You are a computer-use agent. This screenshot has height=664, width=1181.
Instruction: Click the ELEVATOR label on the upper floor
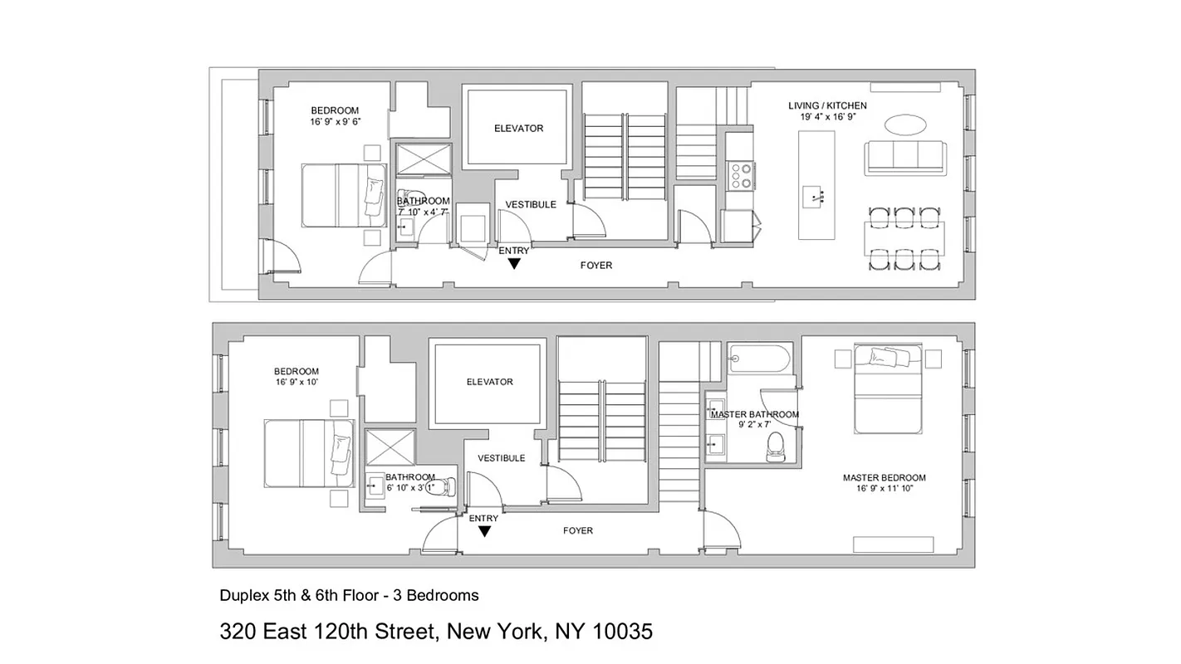coord(518,129)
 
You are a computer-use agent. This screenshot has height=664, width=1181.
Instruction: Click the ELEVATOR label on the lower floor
coord(489,382)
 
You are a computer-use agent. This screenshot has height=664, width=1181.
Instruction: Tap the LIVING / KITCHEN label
coord(827,106)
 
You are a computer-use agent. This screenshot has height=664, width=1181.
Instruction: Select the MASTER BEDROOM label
coord(884,478)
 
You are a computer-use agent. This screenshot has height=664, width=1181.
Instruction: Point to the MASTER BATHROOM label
coord(755,414)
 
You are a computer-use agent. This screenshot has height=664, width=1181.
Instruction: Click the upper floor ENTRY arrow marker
coord(514,264)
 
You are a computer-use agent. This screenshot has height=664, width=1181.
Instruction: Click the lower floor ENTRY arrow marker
coord(483,531)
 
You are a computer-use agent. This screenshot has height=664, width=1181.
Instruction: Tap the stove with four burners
coord(740,175)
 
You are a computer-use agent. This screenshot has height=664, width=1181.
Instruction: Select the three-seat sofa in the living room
coord(904,158)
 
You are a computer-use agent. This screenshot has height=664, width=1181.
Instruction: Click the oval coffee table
coord(905,124)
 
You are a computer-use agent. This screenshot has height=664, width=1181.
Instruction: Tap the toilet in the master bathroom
coord(777,445)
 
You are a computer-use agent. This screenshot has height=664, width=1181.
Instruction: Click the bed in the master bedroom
coord(887,389)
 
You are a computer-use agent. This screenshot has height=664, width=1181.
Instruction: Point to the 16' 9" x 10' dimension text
coord(296,383)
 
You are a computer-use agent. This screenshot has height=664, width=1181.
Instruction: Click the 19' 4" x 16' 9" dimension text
coord(827,118)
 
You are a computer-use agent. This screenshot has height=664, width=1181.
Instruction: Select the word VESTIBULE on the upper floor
coord(531,205)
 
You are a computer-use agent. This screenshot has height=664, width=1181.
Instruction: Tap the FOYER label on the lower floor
coord(578,530)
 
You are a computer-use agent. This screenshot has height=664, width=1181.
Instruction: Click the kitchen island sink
coord(815,198)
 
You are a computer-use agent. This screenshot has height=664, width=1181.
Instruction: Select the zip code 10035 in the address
coord(622,632)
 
